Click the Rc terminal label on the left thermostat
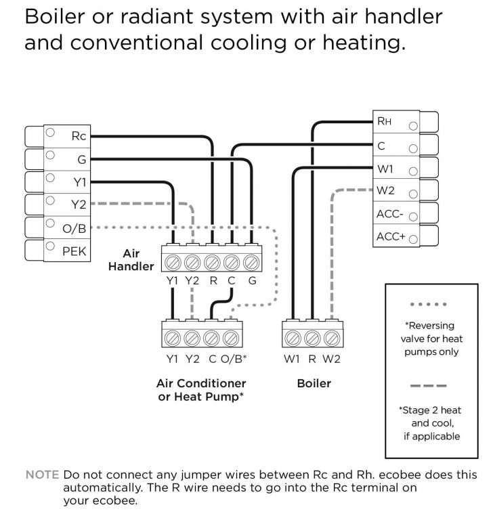point(77,136)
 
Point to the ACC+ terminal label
point(389,236)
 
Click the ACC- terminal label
point(389,214)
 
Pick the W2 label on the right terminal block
point(385,191)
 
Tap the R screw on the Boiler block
point(312,337)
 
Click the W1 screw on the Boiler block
point(293,337)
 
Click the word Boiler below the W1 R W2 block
point(314,383)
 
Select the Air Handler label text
point(131,260)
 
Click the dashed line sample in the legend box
point(427,387)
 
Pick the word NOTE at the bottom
point(41,475)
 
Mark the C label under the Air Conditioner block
point(212,359)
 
